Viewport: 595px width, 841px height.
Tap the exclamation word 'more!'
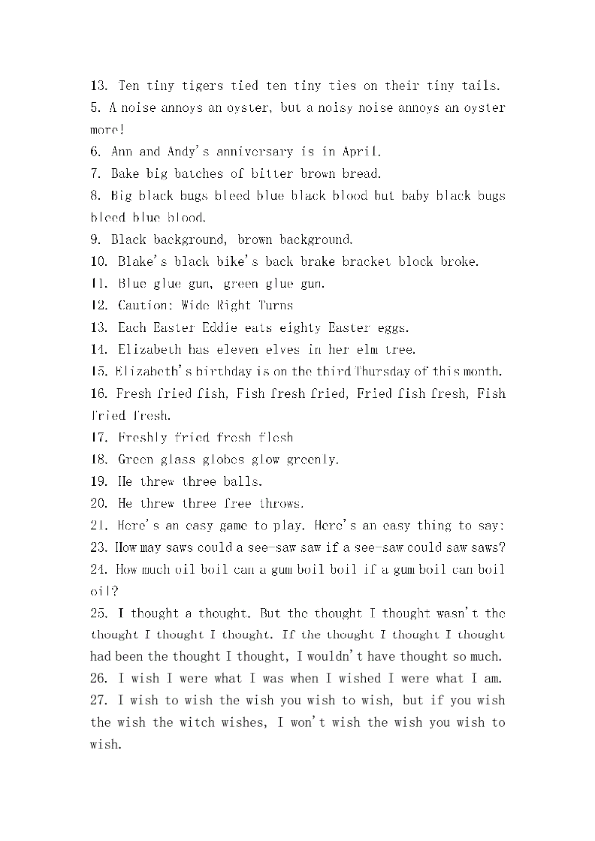pyautogui.click(x=107, y=130)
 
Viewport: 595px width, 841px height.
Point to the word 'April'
pyautogui.click(x=362, y=152)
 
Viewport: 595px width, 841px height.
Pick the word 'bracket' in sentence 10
pyautogui.click(x=366, y=261)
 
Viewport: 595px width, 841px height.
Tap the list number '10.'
pyautogui.click(x=100, y=261)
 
